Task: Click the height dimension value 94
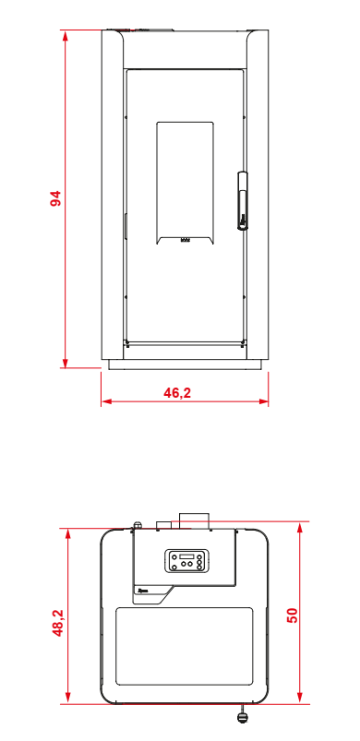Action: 56,198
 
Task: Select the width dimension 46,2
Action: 177,393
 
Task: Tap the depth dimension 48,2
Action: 57,623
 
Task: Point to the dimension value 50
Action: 293,615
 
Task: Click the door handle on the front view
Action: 243,200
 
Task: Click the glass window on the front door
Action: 185,183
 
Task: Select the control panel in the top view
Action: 186,560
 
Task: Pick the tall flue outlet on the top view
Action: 194,520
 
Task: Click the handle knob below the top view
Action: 242,716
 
